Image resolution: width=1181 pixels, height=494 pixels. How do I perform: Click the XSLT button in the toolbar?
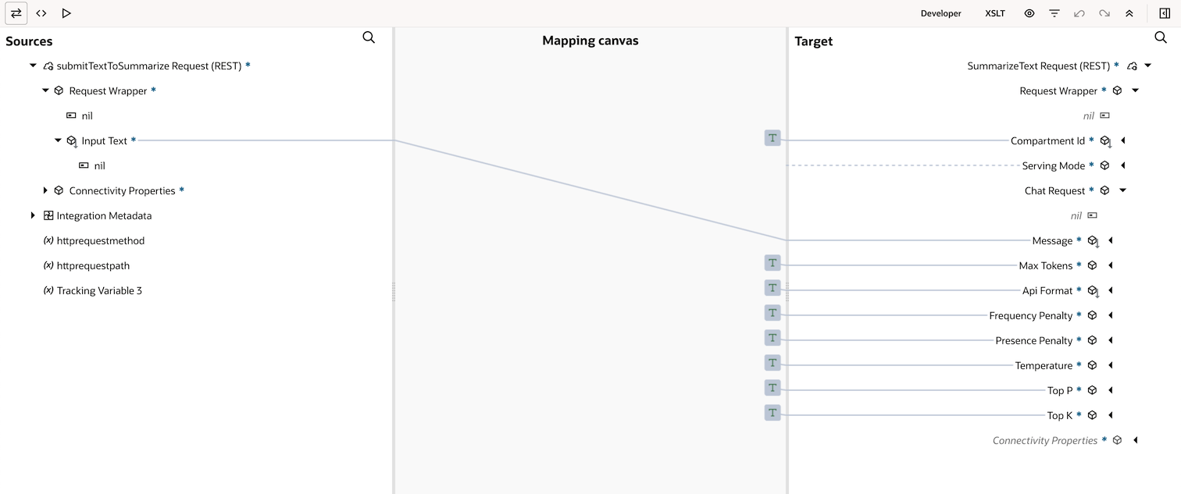point(995,13)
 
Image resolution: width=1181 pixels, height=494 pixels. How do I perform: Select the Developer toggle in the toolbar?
point(940,13)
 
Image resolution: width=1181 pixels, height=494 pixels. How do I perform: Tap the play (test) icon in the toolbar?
point(66,13)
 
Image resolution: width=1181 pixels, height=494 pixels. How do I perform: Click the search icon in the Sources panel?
point(369,37)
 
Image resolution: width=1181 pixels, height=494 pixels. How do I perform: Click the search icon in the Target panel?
point(1161,37)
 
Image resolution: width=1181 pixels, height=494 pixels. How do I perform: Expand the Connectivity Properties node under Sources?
point(45,190)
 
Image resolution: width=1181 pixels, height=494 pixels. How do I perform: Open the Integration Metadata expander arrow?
point(33,215)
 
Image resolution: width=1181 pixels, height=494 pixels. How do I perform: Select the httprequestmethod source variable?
point(100,240)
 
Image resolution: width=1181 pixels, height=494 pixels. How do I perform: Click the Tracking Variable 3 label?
point(99,291)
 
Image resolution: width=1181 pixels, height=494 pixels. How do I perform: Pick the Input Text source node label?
point(105,140)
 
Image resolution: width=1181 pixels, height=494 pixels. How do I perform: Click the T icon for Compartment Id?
point(772,138)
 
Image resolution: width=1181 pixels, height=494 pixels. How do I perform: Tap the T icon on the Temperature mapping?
point(772,363)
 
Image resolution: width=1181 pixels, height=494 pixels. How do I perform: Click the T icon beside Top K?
point(772,412)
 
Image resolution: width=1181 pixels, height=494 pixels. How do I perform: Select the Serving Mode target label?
point(1054,166)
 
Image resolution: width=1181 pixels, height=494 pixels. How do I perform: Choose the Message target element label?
point(1052,240)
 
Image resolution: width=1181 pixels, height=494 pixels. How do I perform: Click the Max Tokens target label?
point(1046,265)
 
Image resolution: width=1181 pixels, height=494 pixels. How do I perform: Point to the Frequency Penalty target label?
point(1031,315)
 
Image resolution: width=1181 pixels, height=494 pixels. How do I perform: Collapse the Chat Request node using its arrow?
point(1123,190)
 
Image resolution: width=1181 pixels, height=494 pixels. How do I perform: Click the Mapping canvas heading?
point(590,41)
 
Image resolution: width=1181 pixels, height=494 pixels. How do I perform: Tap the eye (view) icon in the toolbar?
point(1029,13)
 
